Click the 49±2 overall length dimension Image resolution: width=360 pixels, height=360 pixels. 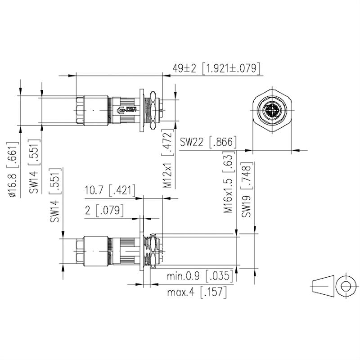(x=186, y=68)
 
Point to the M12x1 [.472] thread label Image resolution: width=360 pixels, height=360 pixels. (x=167, y=160)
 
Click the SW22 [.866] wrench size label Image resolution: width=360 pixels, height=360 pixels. (x=208, y=142)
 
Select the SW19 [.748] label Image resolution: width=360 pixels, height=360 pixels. (x=246, y=190)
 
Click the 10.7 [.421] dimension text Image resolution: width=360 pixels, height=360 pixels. (x=110, y=191)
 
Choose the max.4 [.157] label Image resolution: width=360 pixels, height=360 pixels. (x=197, y=292)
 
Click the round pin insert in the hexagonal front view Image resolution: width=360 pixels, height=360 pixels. (x=272, y=110)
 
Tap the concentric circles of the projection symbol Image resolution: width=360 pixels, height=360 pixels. (x=346, y=286)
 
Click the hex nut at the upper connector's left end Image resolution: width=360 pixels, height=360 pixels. (x=81, y=110)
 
